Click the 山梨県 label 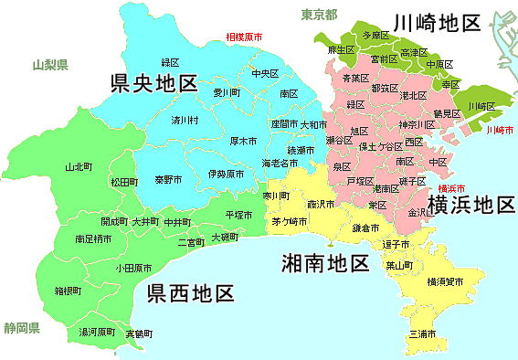click(50, 65)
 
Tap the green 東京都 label click(319, 15)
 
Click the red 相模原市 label click(244, 38)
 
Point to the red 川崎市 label click(499, 131)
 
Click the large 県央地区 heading click(153, 85)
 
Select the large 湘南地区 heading click(324, 264)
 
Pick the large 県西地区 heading click(190, 293)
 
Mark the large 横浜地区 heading click(471, 205)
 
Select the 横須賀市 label click(445, 284)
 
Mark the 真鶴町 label click(139, 334)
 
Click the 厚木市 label click(243, 142)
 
